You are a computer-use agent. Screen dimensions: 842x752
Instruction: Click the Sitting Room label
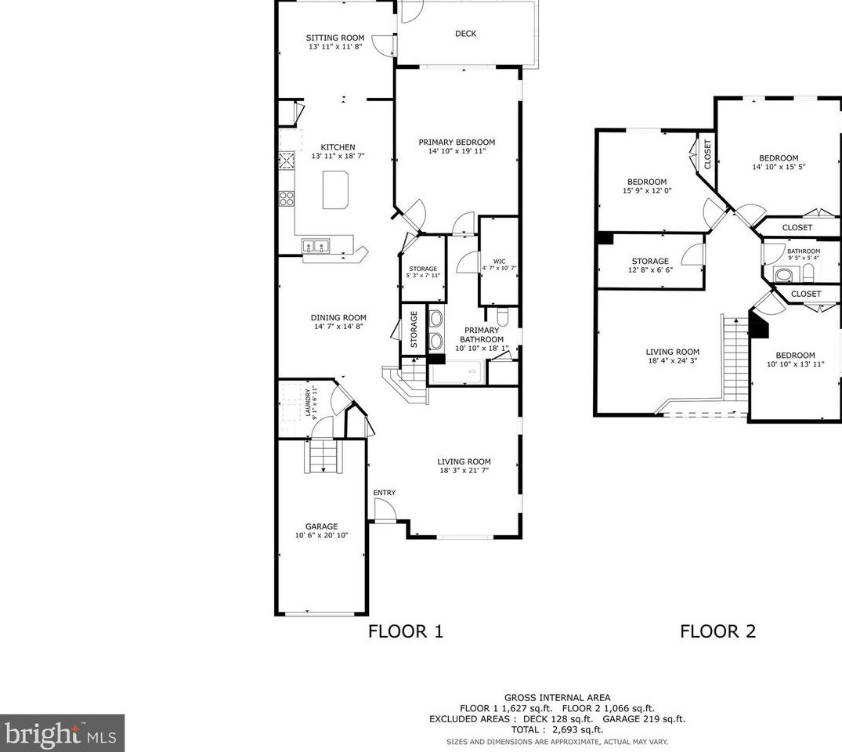335,38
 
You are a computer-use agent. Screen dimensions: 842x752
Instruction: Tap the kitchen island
335,190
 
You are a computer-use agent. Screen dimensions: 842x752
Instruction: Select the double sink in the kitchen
316,246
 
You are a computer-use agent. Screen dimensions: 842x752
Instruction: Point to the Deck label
465,34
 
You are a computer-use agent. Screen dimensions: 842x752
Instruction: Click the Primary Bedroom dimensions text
457,151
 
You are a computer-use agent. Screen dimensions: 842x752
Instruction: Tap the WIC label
499,262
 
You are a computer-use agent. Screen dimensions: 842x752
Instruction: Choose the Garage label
322,526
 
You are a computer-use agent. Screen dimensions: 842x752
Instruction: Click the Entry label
385,493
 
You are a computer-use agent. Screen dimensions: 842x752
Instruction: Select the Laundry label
309,403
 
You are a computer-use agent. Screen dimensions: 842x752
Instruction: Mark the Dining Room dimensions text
339,326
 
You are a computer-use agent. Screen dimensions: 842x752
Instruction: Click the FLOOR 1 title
406,631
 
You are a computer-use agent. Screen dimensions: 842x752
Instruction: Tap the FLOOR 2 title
718,631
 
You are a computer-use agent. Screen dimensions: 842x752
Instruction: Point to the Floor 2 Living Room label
672,352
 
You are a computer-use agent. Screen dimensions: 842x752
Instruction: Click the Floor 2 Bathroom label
804,251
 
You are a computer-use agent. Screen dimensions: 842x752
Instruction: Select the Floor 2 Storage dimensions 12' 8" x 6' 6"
650,269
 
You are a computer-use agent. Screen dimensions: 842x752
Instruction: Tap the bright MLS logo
63,733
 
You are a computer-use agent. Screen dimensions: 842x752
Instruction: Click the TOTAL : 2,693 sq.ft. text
557,729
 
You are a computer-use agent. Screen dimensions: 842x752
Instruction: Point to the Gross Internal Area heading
557,698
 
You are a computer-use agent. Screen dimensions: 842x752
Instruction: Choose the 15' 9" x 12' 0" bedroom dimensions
647,190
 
